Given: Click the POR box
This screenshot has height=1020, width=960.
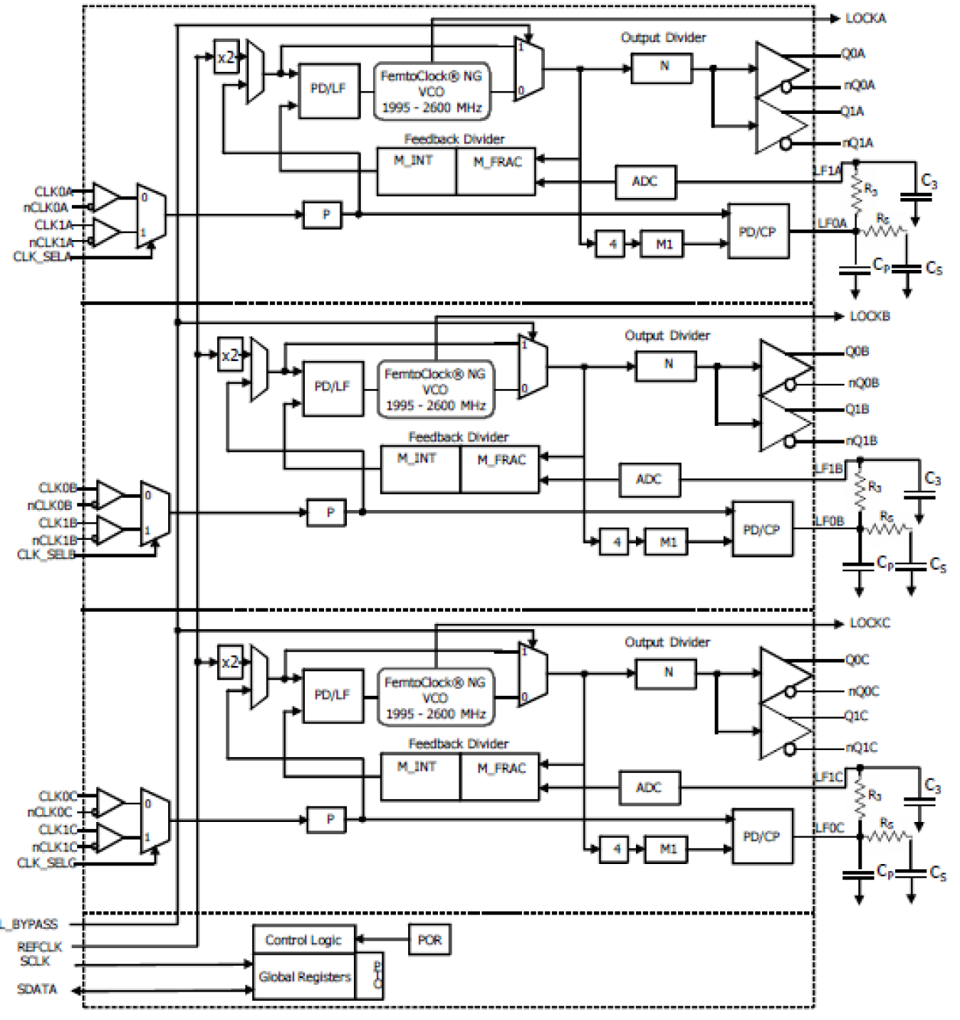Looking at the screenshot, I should [x=430, y=940].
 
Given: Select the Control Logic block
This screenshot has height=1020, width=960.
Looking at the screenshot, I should [x=303, y=940].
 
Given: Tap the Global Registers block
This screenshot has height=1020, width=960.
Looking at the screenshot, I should [x=304, y=976].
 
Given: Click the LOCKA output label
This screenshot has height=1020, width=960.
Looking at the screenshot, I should [x=866, y=18].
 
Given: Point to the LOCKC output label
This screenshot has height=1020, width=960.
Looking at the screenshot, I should [x=870, y=623].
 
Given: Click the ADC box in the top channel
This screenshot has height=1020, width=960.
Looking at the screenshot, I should [x=644, y=182].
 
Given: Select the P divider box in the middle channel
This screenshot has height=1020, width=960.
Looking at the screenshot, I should [x=330, y=512].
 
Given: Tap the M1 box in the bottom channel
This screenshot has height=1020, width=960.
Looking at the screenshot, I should [x=668, y=849].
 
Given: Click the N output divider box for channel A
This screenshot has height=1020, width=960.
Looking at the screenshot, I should [x=663, y=67].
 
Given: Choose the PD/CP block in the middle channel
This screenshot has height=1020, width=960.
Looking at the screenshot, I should [x=761, y=529].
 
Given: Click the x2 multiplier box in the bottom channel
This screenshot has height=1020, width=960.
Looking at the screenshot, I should [x=230, y=662].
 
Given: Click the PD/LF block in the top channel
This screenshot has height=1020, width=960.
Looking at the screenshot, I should [x=328, y=89].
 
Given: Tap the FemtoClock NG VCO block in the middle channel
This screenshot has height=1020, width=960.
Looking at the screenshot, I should [x=435, y=390].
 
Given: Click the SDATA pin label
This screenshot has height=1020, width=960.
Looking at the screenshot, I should [x=37, y=989].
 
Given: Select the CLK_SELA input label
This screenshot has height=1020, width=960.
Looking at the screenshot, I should [x=42, y=257].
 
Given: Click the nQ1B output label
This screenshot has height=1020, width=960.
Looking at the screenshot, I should [x=861, y=441].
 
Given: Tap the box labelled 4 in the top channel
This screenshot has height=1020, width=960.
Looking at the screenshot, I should [x=612, y=245].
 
